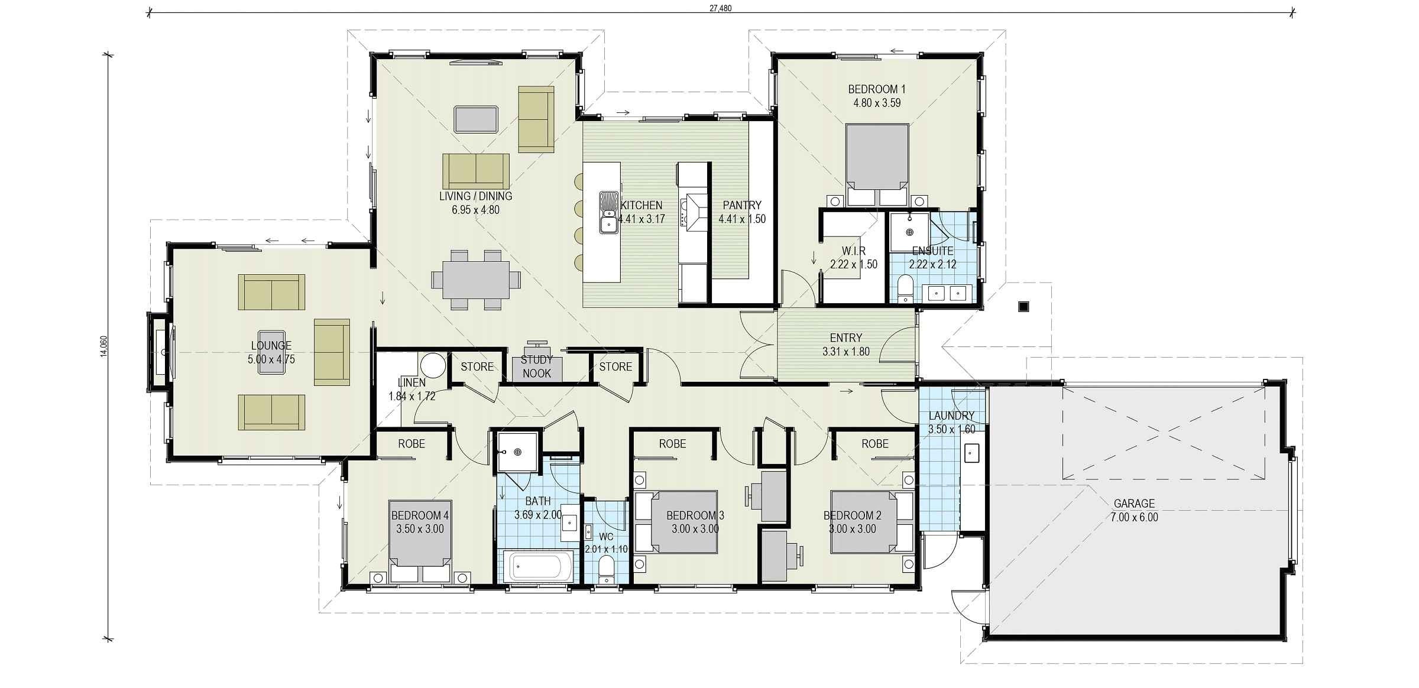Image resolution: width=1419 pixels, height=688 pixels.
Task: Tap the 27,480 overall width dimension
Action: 721,8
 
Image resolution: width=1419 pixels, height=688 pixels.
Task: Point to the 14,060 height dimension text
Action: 104,346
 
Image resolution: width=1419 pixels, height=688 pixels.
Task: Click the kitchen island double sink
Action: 608,213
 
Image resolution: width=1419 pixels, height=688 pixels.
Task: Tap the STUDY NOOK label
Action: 536,366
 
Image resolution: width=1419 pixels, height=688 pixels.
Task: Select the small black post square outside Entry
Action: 1024,306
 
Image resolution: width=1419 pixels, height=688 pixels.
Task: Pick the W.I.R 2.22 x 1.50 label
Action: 853,258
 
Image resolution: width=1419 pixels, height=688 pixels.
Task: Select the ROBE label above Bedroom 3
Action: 672,443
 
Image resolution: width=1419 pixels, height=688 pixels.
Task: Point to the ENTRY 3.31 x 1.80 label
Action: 845,345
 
